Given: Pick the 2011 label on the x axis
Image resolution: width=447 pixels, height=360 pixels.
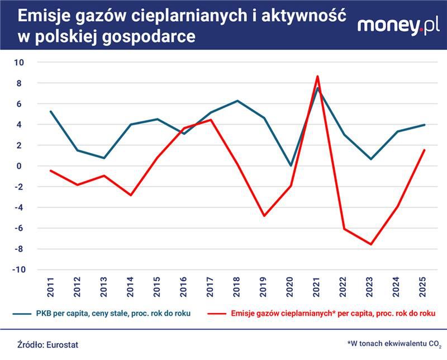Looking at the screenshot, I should coord(51,287).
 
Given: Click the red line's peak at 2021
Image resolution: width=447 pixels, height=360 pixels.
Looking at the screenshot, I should coord(317,77).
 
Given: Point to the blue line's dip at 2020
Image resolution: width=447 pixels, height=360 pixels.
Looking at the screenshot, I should coord(290,165).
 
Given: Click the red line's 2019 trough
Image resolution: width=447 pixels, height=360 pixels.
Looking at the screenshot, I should coord(264,216).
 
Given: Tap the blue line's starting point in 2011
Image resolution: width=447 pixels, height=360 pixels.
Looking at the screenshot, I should coord(51,111).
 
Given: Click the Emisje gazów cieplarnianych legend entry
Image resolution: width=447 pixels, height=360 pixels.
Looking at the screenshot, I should coord(332,313).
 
